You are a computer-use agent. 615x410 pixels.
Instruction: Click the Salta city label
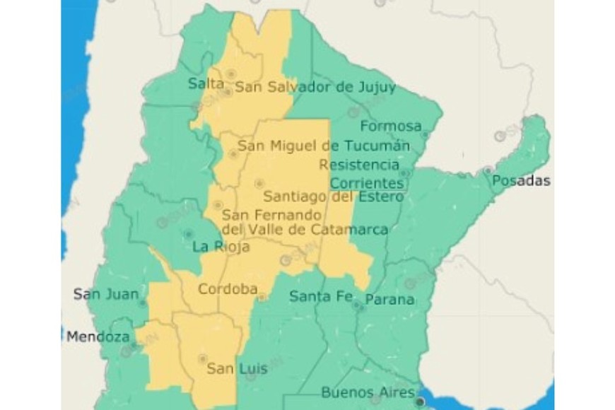pos(201,83)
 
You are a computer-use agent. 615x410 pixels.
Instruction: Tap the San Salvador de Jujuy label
pos(315,88)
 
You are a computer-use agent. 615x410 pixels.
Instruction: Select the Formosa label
pos(391,127)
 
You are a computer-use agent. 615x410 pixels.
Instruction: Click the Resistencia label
pos(359,165)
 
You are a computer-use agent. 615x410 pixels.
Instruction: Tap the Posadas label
pos(521,181)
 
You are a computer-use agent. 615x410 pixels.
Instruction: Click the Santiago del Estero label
pos(333,197)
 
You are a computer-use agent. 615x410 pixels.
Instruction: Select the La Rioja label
pos(221,247)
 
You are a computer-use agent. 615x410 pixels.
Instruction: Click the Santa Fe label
pos(320,296)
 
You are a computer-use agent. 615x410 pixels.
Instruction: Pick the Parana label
pos(389,300)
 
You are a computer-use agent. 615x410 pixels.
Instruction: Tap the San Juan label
pos(106,294)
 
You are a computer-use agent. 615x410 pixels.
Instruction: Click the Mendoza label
pos(98,337)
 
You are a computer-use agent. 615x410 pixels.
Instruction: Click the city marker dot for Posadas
pos(488,170)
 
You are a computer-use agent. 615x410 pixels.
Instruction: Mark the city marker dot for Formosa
pos(425,134)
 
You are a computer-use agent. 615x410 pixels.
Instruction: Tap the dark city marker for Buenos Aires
pos(421,402)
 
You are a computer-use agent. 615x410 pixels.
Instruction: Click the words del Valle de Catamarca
pos(305,230)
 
